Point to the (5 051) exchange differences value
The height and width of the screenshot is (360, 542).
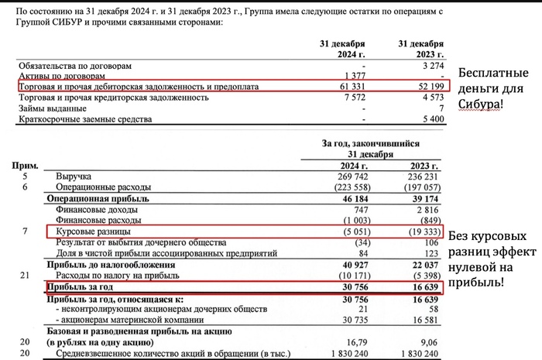348,231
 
